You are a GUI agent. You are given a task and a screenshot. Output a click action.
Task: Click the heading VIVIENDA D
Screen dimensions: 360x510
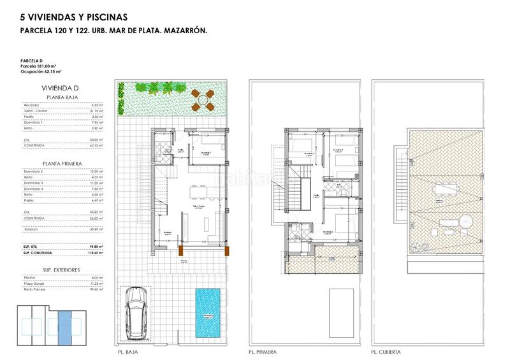(61, 89)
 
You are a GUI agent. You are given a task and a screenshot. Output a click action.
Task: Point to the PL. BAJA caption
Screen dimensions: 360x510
(130, 352)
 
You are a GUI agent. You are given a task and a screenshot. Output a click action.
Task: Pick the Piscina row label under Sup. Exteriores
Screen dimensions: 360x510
(31, 277)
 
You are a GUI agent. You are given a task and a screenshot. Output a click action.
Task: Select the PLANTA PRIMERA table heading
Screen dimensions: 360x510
(60, 162)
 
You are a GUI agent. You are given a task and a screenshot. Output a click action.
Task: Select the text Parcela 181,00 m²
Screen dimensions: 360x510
(39, 66)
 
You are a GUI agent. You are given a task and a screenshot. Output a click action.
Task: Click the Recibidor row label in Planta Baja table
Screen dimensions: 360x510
(33, 105)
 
